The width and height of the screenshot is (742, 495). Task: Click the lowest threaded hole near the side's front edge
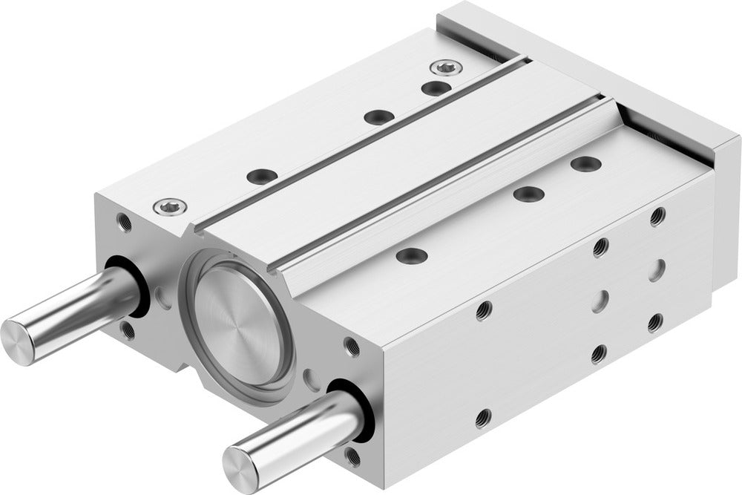[484, 417]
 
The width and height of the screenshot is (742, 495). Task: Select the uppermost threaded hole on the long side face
[657, 217]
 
